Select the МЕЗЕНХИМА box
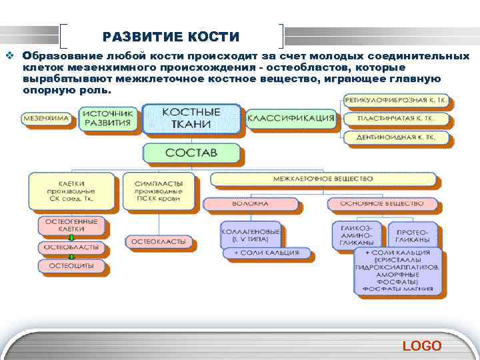click(x=47, y=119)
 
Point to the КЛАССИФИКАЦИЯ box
click(x=291, y=119)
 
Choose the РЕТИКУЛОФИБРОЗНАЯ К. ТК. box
click(x=397, y=101)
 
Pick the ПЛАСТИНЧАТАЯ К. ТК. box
click(x=397, y=119)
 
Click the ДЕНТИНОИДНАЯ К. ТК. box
click(x=397, y=137)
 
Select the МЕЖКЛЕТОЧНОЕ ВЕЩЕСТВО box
click(x=323, y=179)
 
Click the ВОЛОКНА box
click(x=250, y=203)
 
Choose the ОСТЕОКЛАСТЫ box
click(x=158, y=241)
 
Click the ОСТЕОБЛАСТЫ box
click(x=71, y=247)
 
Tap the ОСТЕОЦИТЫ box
click(x=71, y=266)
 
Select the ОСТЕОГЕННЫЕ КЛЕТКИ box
click(x=71, y=225)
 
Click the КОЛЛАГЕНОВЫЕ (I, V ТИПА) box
click(x=250, y=233)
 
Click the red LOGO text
click(x=421, y=345)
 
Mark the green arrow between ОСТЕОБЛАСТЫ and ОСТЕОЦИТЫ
click(x=71, y=257)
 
